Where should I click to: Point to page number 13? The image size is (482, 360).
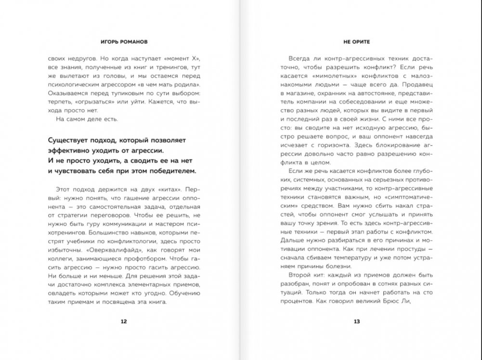click(x=356, y=321)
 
